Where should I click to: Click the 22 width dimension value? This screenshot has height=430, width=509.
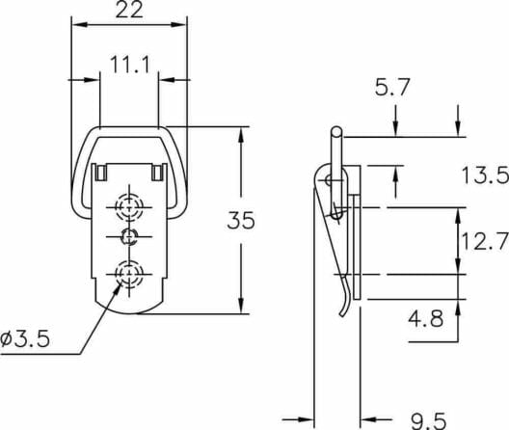click(x=129, y=10)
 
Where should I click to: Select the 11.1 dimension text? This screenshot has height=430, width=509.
click(x=130, y=65)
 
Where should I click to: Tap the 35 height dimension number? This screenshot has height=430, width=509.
click(x=241, y=221)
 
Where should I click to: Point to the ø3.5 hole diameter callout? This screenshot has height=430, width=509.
click(x=25, y=339)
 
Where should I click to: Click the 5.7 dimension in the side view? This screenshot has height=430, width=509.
click(x=392, y=87)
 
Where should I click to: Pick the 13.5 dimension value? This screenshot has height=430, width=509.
click(x=485, y=175)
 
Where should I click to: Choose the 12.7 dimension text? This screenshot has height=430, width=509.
click(x=484, y=241)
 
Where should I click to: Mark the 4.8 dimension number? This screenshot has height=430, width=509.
click(x=425, y=318)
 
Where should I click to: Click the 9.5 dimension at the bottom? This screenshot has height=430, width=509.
click(x=428, y=421)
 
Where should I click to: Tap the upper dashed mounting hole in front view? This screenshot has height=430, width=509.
click(x=129, y=206)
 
